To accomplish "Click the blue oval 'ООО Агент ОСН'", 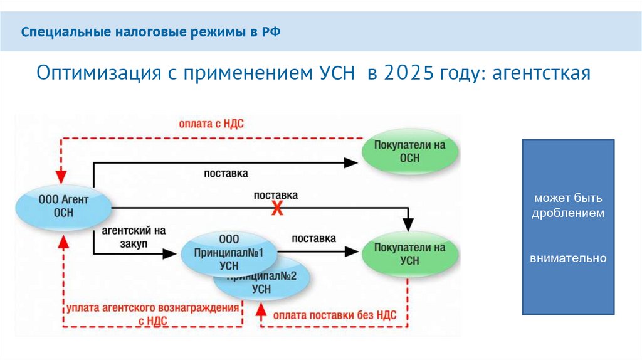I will tap(64, 206).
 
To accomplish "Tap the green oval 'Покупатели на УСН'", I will tap(409, 254).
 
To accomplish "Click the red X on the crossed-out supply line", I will tap(276, 209).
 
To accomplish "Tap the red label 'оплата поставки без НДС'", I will tap(335, 315).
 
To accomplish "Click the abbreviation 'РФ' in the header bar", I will tap(271, 31).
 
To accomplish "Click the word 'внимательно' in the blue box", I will tap(568, 258).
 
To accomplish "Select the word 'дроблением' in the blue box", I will tap(568, 213).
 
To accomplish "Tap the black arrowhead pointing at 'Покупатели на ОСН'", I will tap(351, 162).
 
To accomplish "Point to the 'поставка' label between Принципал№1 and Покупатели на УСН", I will tap(313, 238).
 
